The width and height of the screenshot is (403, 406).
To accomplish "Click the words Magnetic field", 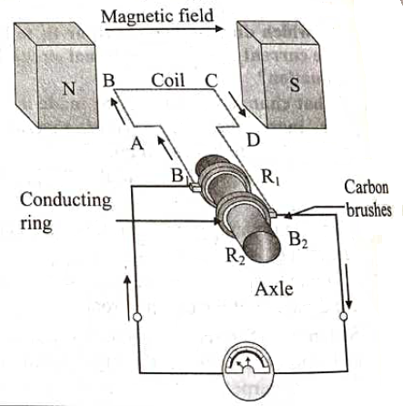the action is click(157, 16).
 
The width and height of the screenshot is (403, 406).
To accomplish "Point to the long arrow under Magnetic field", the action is click(164, 29).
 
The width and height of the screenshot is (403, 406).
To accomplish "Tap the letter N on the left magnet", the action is click(68, 89).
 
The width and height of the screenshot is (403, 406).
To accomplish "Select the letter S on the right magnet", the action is click(295, 85).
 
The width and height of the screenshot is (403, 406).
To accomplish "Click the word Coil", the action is click(168, 80).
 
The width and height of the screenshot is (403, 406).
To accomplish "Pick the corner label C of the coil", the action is click(211, 81).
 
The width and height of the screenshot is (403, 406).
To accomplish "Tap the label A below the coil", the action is click(137, 143).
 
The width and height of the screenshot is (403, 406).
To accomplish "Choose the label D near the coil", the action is click(253, 140).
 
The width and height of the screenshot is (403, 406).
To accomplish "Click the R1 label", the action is click(270, 178).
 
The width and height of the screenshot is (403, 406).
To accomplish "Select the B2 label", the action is click(298, 239).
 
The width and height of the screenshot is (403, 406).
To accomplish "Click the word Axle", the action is click(274, 289).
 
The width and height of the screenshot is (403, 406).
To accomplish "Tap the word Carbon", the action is click(366, 188).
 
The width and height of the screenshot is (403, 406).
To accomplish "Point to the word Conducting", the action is click(65, 200).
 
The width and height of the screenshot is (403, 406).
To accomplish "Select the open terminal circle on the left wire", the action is click(137, 318).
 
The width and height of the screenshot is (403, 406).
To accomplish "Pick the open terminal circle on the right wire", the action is click(344, 316).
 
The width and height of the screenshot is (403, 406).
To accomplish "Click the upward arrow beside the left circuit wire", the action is click(128, 298).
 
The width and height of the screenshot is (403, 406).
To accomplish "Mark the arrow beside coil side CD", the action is click(237, 105).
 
